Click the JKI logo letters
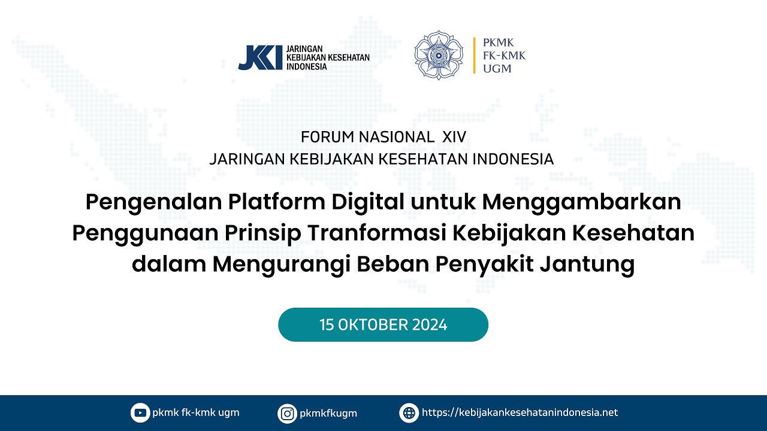pyautogui.click(x=259, y=57)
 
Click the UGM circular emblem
pyautogui.click(x=439, y=56)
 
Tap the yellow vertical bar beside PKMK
pyautogui.click(x=475, y=56)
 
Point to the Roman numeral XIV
pyautogui.click(x=453, y=137)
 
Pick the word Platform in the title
pyautogui.click(x=271, y=203)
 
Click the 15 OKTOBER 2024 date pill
pyautogui.click(x=383, y=325)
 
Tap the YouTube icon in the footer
pyautogui.click(x=140, y=412)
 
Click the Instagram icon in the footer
pyautogui.click(x=288, y=413)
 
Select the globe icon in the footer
pyautogui.click(x=409, y=412)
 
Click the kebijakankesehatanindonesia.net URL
pyautogui.click(x=520, y=412)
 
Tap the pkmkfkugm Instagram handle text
pyautogui.click(x=328, y=413)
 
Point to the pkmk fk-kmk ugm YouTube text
pyautogui.click(x=195, y=412)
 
